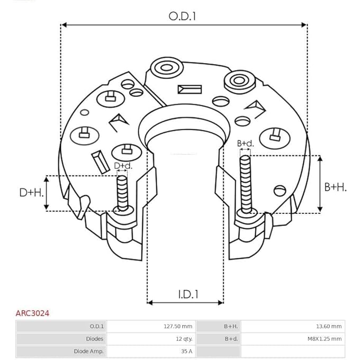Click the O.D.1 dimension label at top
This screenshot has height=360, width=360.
tap(183, 16)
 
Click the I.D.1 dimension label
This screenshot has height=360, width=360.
tap(185, 294)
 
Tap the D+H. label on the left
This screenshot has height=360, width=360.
tap(31, 192)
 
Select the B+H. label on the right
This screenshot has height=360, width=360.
tap(335, 187)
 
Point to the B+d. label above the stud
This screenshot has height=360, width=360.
tap(245, 143)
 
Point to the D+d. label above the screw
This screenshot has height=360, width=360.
tap(123, 166)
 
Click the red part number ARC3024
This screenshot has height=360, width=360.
tap(32, 313)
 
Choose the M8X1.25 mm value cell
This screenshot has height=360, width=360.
tap(324, 339)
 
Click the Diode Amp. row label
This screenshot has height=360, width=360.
tap(89, 351)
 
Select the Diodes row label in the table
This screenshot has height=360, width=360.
tap(95, 339)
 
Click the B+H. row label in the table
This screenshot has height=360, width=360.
tap(231, 326)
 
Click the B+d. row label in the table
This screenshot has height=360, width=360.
tap(231, 339)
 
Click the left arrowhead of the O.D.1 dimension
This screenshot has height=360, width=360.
tap(64, 24)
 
